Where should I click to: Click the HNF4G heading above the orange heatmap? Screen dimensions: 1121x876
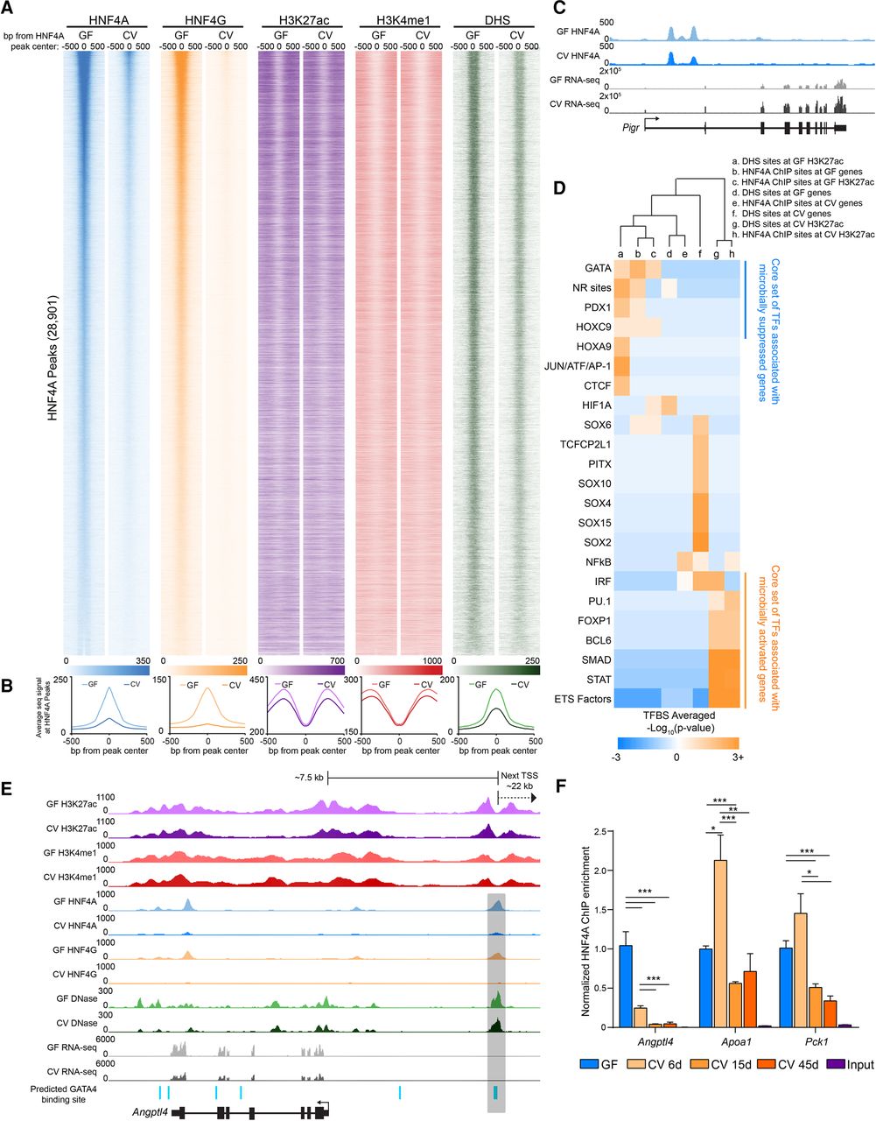point(203,20)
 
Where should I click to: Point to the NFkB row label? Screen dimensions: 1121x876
point(594,560)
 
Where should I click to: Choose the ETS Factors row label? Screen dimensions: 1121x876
point(582,698)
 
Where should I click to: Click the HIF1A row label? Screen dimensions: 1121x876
point(594,405)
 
